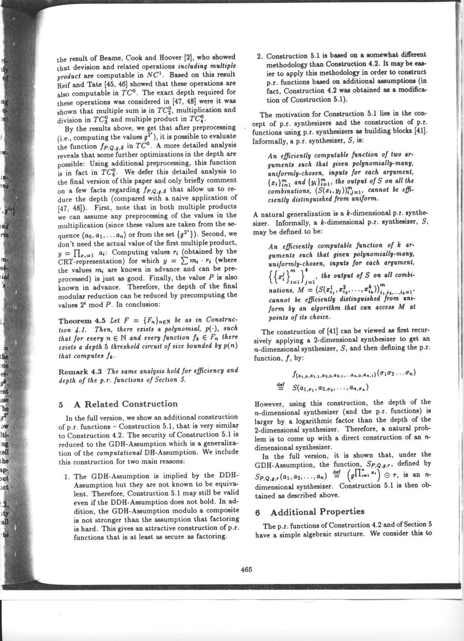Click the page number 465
point(246,569)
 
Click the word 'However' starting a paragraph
point(271,403)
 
